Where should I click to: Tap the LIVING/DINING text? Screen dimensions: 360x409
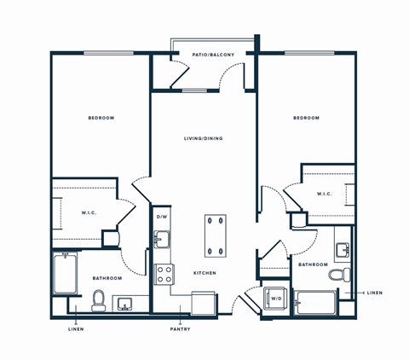pos(203,138)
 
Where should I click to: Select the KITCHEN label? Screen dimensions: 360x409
pos(204,273)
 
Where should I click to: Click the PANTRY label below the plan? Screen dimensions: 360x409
pos(179,329)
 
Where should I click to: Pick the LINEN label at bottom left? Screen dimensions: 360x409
pos(76,329)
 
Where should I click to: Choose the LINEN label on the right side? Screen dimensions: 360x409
pos(375,293)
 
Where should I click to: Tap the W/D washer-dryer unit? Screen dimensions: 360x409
pos(275,299)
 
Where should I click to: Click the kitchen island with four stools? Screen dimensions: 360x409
pos(216,235)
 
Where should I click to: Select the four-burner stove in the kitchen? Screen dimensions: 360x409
pos(164,274)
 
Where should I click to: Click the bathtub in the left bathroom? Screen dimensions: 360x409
pos(66,273)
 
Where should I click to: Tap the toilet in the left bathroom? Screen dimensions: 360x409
pos(98,299)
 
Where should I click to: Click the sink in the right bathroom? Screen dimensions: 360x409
pos(343,250)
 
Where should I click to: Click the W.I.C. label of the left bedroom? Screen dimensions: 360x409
pos(89,213)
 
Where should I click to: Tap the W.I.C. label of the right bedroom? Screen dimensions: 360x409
pos(324,194)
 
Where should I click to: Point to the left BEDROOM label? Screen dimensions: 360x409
pos(101,118)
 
